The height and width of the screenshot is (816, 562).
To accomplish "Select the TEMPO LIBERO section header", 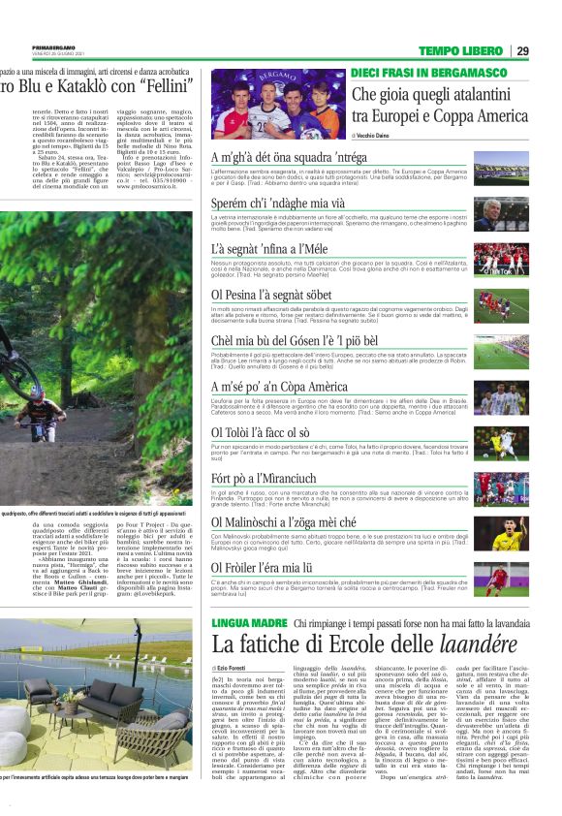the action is pos(461,51).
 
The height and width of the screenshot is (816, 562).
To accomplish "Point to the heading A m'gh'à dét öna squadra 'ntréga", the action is pos(289,158).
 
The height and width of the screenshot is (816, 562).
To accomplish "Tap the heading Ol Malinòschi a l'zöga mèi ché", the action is pos(283,522).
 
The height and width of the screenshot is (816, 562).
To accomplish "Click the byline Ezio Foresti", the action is pos(237,668).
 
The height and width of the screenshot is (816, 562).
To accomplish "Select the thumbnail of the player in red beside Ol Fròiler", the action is pos(501,580).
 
